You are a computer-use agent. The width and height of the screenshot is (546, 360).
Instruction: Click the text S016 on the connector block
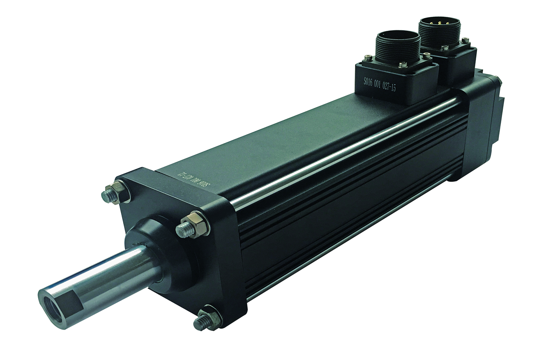pyautogui.click(x=370, y=81)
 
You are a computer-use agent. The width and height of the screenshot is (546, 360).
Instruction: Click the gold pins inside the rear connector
pyautogui.click(x=439, y=23)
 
